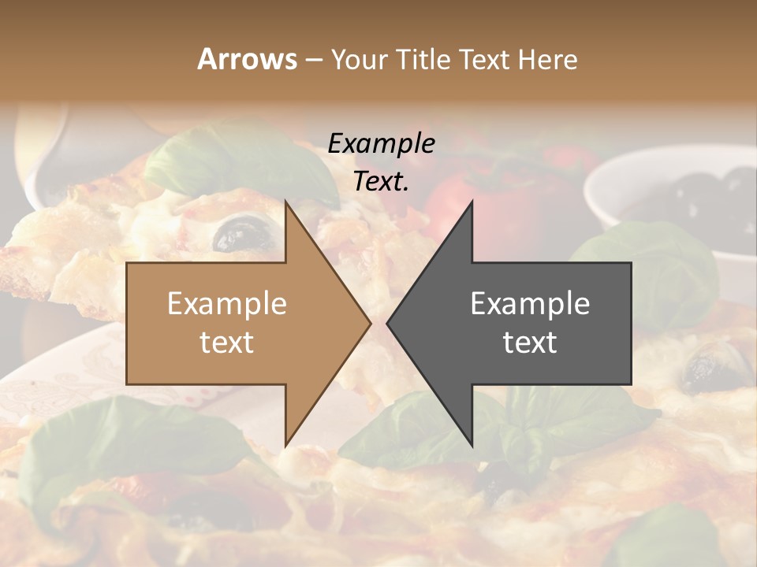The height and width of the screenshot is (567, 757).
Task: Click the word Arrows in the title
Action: tap(247, 59)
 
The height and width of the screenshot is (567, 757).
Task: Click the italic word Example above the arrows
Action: tap(382, 143)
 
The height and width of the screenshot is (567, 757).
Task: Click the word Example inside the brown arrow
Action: tap(227, 303)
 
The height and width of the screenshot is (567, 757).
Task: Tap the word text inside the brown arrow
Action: tap(227, 343)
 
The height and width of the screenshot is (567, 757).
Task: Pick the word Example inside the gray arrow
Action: tap(530, 303)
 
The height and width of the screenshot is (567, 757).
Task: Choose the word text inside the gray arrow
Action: tap(530, 343)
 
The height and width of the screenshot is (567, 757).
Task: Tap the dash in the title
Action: tap(313, 61)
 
